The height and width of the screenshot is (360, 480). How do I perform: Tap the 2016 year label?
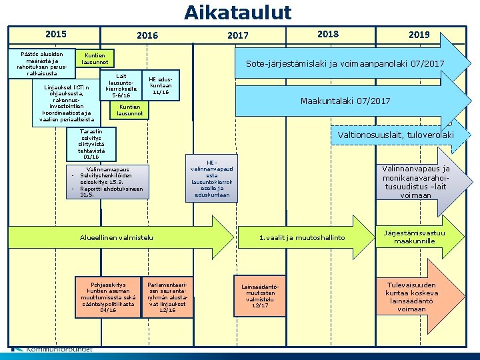pos(147,35)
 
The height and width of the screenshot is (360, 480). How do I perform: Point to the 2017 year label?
pos(237,35)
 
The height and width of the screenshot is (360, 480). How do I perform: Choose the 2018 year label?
pos(328,34)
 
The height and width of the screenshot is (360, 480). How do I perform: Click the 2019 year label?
pos(419,35)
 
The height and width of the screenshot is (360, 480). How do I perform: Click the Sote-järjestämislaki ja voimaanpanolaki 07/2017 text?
pos(345,64)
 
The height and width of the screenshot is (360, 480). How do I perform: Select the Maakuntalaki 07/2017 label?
pos(345,101)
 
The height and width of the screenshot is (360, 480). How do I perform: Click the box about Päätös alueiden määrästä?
pos(42,63)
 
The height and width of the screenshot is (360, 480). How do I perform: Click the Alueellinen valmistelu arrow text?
pos(117,237)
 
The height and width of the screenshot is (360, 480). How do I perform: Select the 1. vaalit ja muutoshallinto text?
pos(302,237)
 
